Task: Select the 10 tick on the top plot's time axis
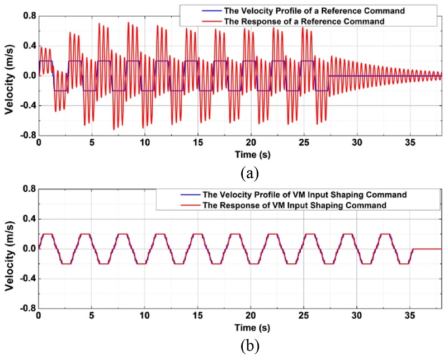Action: pos(145,143)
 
